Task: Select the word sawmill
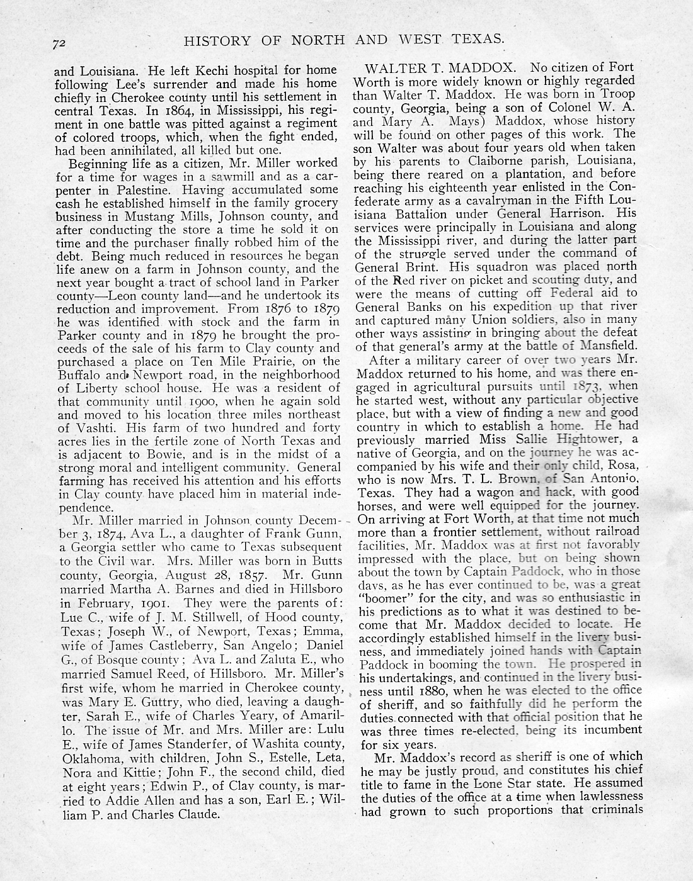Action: tap(241, 176)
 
